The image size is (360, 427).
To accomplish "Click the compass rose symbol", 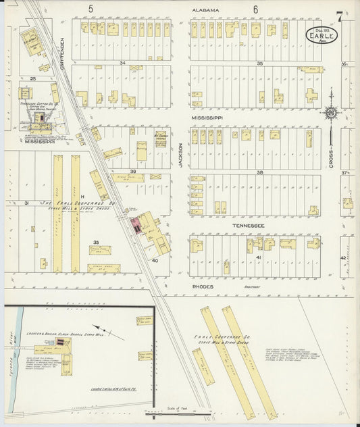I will tap(331, 113).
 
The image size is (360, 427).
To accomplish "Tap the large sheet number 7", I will tap(340, 16).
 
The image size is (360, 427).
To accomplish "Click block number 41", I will tap(259, 257).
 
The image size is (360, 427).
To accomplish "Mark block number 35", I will tap(259, 63).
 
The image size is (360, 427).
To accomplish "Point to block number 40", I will tap(155, 259).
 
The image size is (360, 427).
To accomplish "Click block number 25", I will tap(32, 79).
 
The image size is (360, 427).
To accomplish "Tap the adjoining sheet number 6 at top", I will tap(256, 9).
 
